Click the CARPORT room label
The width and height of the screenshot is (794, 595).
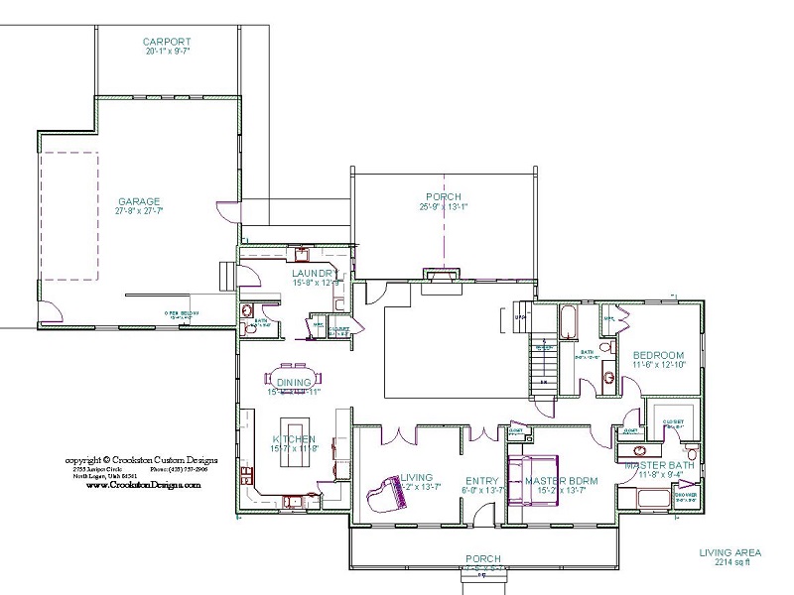click(x=166, y=42)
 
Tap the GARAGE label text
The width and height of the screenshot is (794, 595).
click(x=138, y=201)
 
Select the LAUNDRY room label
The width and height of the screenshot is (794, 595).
click(x=316, y=273)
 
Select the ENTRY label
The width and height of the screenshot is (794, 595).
click(x=481, y=481)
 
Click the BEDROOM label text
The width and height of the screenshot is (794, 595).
click(x=659, y=355)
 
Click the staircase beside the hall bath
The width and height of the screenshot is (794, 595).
click(x=542, y=362)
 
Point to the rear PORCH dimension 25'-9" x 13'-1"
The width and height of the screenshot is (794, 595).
click(x=444, y=207)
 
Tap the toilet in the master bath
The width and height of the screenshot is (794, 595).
click(x=692, y=454)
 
